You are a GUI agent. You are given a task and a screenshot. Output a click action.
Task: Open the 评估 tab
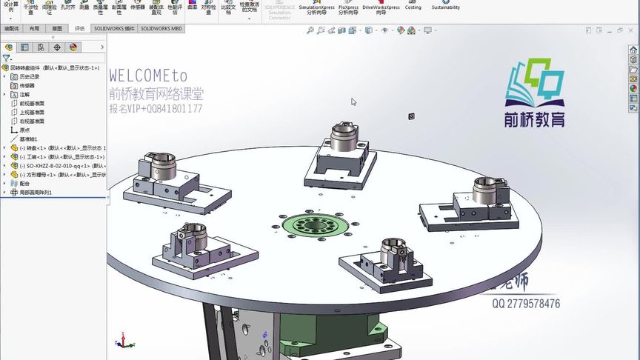coord(80,28)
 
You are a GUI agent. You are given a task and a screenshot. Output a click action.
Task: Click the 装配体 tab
coord(12,28)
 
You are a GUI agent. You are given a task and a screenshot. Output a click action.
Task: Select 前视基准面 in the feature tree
coord(32,103)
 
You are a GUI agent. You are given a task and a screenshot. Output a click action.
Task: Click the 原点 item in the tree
coord(24,130)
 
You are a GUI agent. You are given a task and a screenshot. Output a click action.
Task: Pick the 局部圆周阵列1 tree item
coord(36,192)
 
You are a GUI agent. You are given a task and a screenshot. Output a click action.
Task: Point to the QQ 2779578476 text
coord(525,304)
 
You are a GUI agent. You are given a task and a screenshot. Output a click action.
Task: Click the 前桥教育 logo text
coord(536,119)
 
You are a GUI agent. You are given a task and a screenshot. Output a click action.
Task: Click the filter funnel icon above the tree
coord(6,58)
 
